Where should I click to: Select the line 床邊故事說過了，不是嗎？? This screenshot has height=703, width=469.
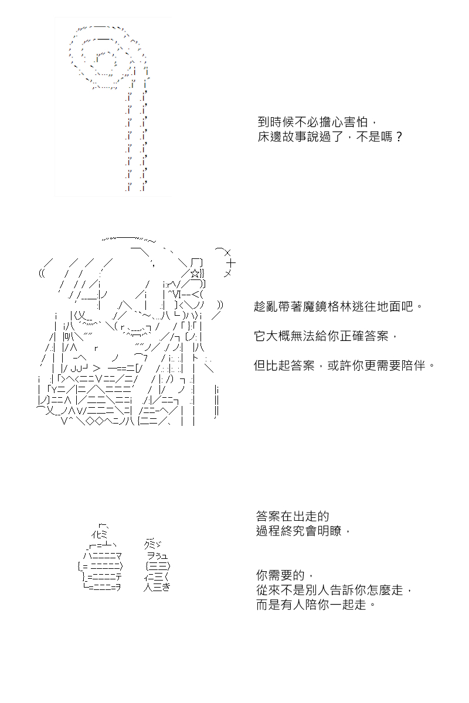tap(329, 136)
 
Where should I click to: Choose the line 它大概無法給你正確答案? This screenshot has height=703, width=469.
tap(326, 336)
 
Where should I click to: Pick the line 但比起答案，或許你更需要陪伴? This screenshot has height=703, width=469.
tap(344, 366)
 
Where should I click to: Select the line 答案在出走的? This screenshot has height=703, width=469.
tap(293, 516)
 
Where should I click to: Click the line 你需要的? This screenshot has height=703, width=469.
tap(284, 575)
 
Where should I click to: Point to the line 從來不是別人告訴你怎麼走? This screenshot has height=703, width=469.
tap(334, 590)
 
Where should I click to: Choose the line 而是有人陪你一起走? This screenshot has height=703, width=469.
tap(316, 605)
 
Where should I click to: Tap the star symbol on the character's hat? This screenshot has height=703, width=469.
tap(195, 274)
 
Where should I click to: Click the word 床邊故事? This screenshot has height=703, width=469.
tap(282, 136)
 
